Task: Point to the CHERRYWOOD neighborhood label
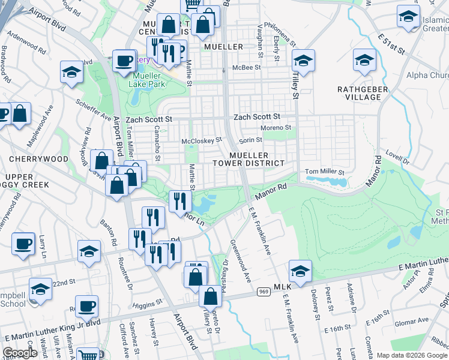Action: (x=38, y=159)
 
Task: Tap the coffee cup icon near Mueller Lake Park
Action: (x=124, y=61)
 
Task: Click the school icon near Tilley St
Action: (x=303, y=60)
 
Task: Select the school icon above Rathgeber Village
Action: (x=364, y=61)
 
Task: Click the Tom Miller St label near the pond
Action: (x=324, y=172)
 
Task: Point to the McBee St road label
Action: (x=248, y=68)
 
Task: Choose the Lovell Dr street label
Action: (x=397, y=158)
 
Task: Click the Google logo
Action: (x=20, y=353)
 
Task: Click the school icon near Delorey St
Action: (x=300, y=271)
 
